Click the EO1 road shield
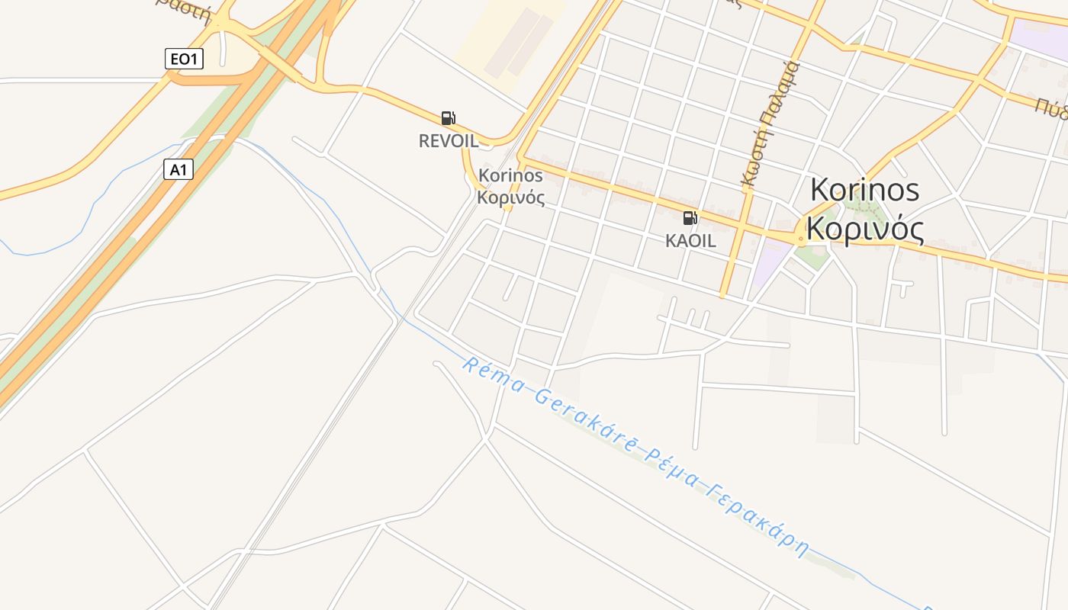point(184,59)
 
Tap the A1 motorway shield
point(178,169)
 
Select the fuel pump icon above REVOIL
point(449,118)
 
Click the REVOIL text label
point(449,141)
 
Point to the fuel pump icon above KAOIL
point(690,218)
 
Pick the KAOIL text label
point(690,241)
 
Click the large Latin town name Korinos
point(864,190)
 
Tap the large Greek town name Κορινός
point(864,229)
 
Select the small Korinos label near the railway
point(510,175)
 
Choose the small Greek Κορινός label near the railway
point(510,198)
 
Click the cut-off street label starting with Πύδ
point(1051,106)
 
